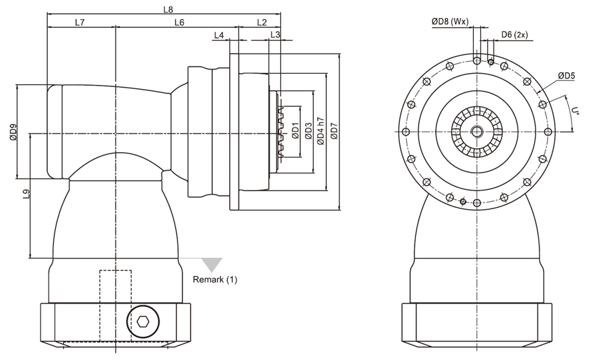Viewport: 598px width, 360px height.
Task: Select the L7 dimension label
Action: point(80,22)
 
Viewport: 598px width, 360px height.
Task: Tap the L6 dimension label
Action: point(179,22)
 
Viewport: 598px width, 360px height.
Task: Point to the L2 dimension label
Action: point(262,22)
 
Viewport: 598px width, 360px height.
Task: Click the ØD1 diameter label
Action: point(294,132)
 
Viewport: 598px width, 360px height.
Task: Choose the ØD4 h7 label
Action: point(321,132)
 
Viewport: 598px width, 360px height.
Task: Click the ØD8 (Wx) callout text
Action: point(450,22)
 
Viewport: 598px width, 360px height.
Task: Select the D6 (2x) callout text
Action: point(514,35)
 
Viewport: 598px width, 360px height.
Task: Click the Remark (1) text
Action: point(215,280)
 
